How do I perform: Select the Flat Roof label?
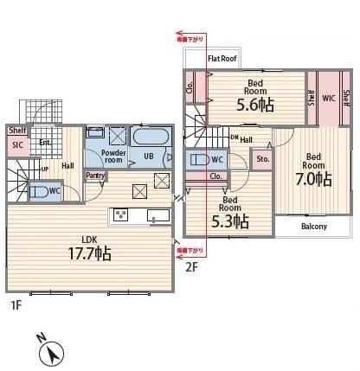click(x=222, y=59)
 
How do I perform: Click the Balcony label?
click(x=313, y=227)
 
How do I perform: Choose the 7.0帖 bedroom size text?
click(x=312, y=179)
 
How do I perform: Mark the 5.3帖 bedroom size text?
click(x=229, y=221)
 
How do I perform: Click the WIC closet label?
click(x=329, y=98)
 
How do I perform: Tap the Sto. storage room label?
click(x=262, y=159)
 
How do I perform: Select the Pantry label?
click(x=96, y=176)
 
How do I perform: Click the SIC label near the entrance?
click(x=17, y=145)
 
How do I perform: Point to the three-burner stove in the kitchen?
click(x=120, y=215)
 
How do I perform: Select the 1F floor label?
click(x=16, y=305)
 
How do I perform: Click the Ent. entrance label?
click(x=45, y=143)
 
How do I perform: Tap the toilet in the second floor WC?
click(x=198, y=160)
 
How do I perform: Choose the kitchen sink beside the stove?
click(x=157, y=215)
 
